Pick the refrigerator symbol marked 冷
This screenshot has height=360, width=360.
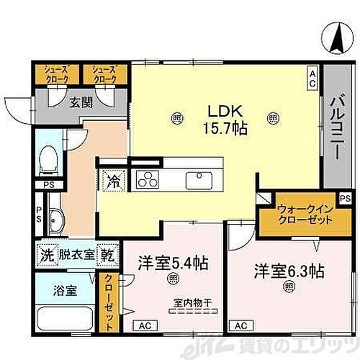[113, 179]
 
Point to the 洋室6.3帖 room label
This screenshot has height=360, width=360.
[288, 271]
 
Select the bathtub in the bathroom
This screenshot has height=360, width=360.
[68, 319]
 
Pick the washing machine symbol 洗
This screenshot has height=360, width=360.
[45, 255]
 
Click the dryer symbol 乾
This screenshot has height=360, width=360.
[106, 255]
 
